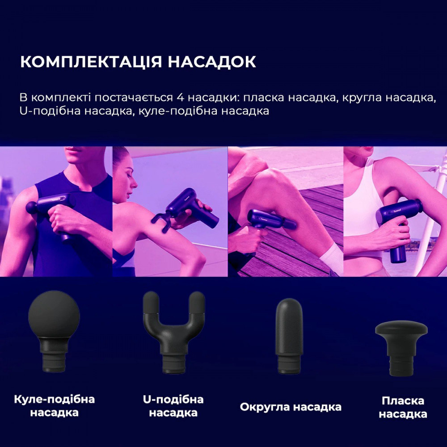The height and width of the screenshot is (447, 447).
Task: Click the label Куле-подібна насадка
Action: click(55, 405)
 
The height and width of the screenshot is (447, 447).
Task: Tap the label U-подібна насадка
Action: click(173, 406)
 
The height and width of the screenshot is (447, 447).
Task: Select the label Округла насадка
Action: click(291, 407)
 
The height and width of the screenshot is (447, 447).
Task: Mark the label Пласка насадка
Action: click(403, 407)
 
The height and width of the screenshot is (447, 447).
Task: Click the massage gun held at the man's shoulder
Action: click(51, 208)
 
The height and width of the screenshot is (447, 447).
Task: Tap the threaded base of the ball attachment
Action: click(54, 358)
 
